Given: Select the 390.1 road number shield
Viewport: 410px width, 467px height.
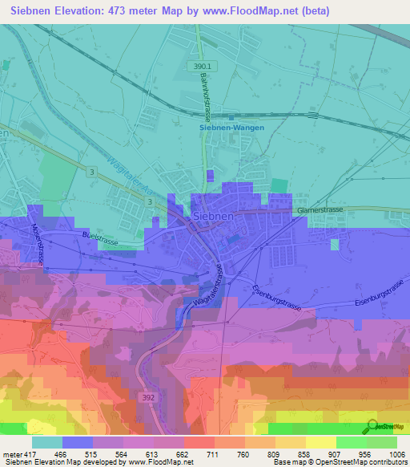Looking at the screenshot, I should [203, 67].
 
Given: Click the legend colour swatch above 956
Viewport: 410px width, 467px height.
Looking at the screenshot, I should [350, 442].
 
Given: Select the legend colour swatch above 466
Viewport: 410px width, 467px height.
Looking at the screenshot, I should [78, 442].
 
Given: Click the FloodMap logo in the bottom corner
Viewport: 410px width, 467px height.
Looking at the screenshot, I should [385, 426].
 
